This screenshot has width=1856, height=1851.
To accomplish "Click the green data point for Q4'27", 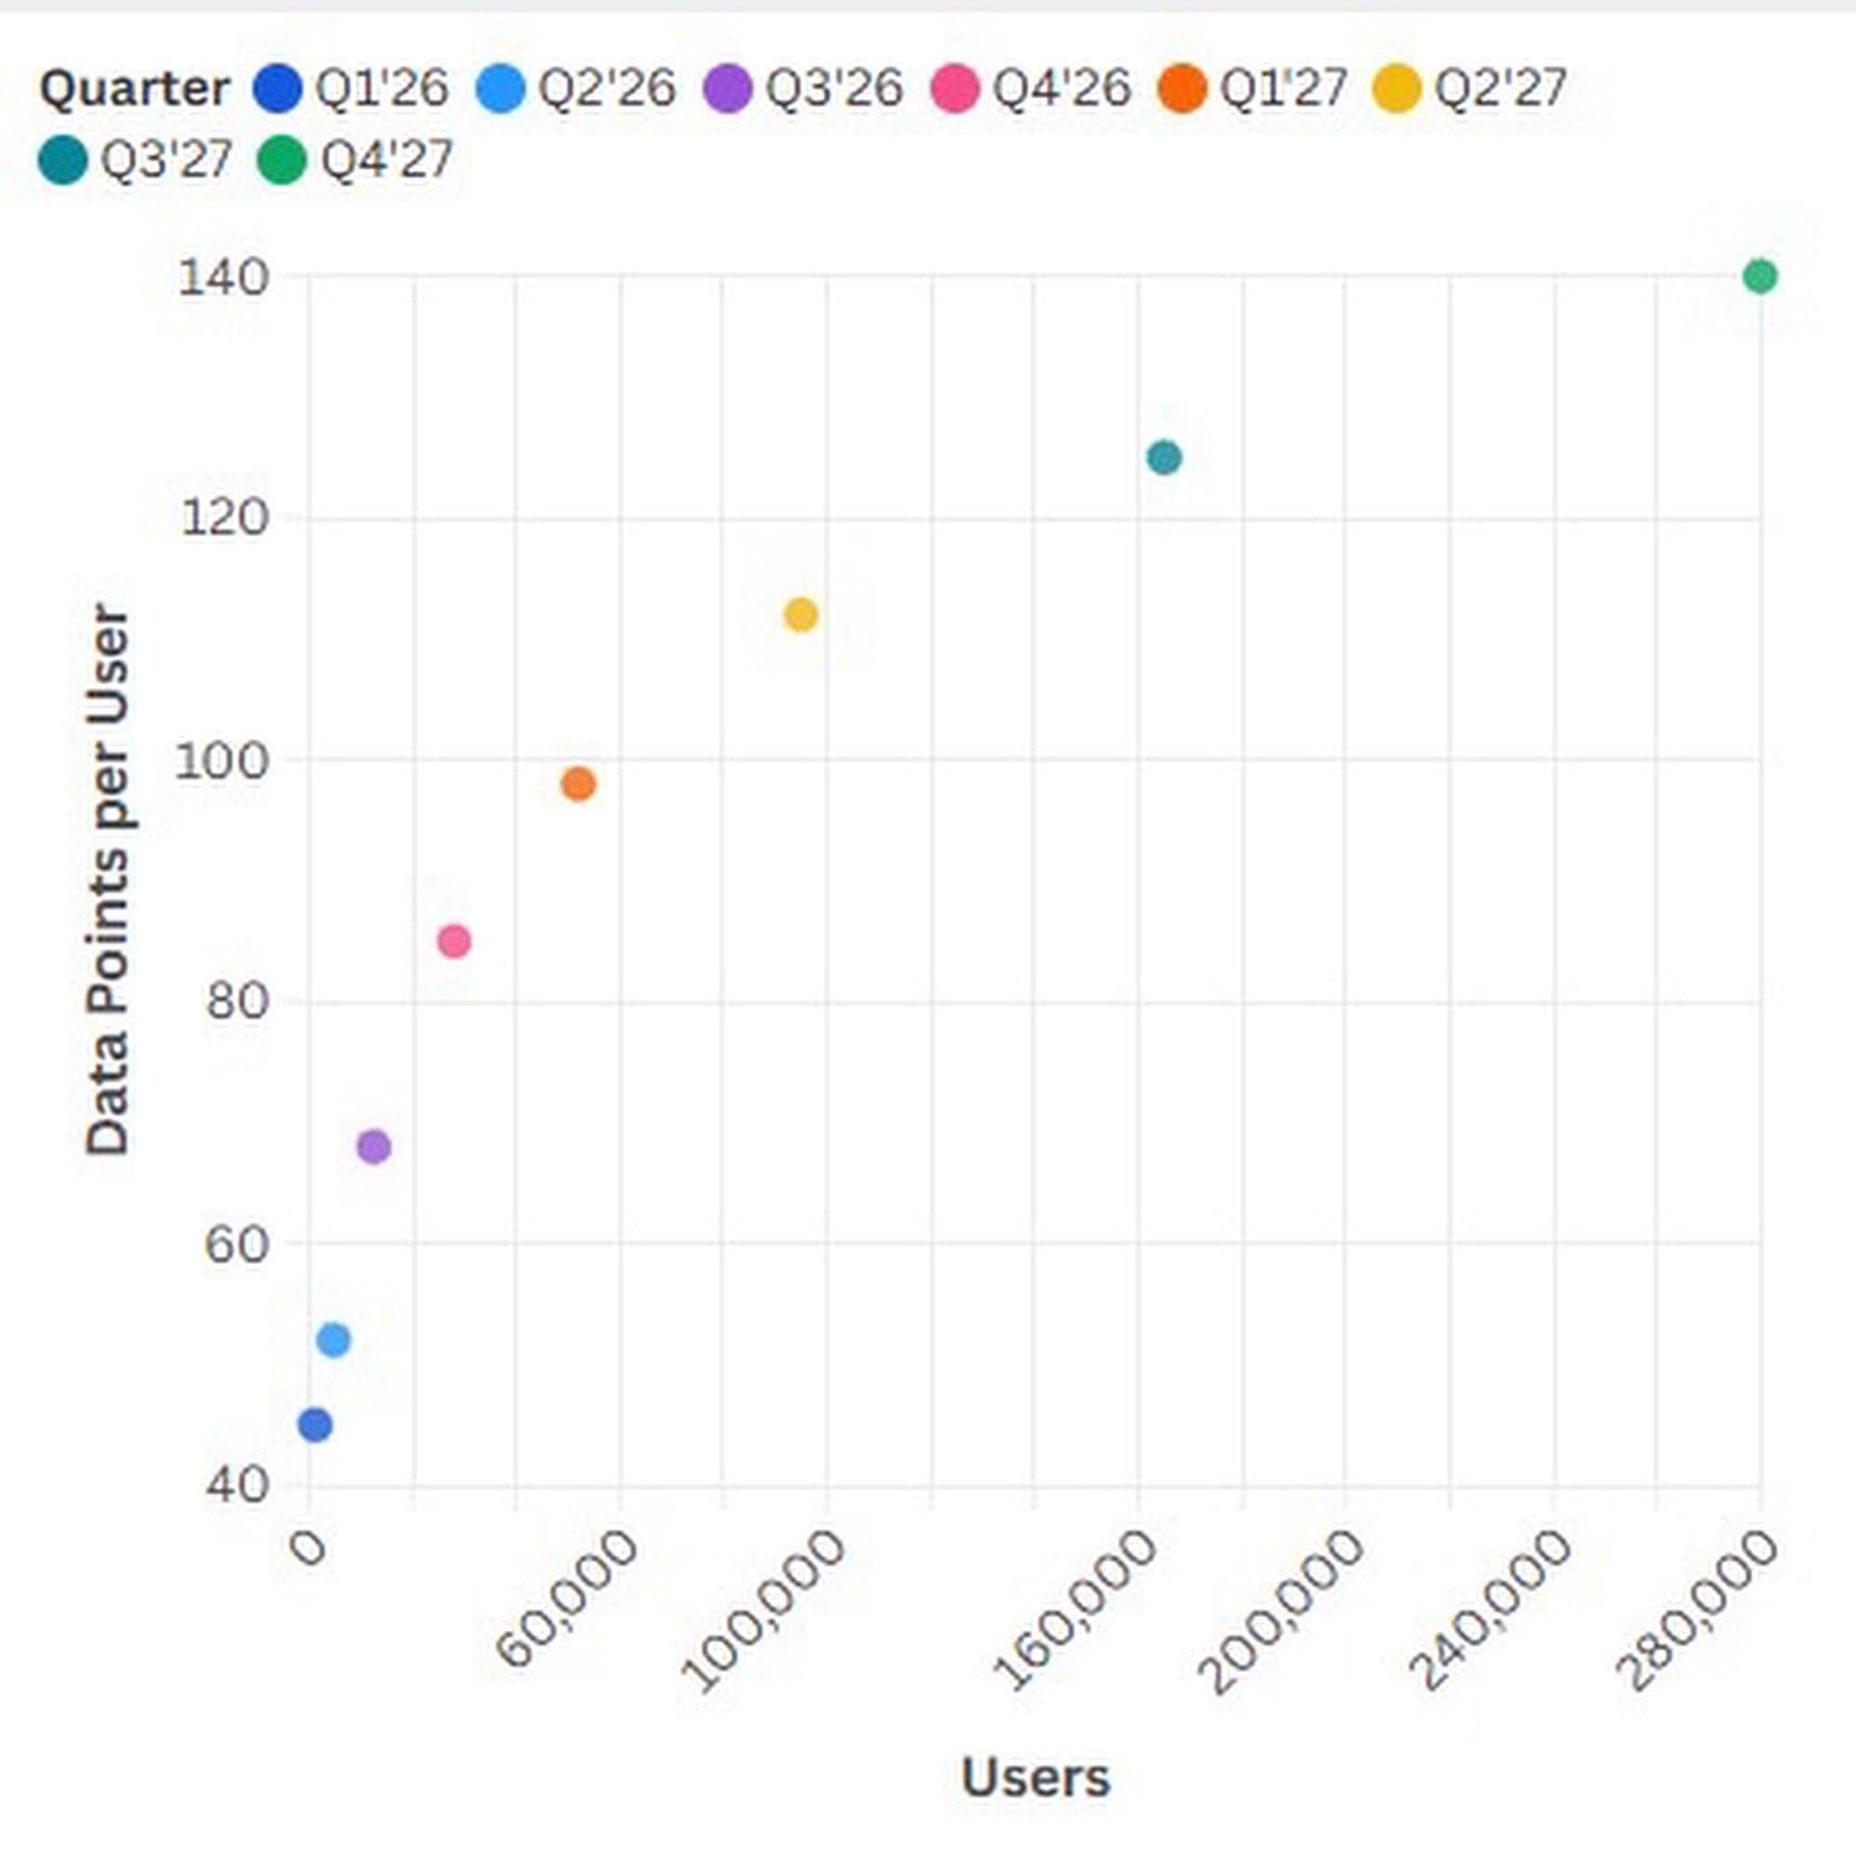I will coord(1759,276).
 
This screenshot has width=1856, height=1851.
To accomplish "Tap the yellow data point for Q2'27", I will coord(800,615).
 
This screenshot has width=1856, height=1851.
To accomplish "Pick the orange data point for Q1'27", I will coord(578,784).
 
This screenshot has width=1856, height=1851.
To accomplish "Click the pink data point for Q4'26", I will coord(455,942).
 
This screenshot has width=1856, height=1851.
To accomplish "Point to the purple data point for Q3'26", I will coord(374,1146).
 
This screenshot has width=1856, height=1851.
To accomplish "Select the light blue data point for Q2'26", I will coord(333,1339).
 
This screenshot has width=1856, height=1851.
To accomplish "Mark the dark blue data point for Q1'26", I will coord(316,1424).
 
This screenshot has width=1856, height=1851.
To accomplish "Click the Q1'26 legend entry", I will coord(352,89).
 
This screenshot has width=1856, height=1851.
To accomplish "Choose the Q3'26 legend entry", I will coord(803,89).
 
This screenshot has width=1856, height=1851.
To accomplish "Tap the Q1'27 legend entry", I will coord(1254,89).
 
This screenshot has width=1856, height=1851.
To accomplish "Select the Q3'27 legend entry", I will coord(135,160).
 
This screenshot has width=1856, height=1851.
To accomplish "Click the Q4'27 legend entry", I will coord(355,160).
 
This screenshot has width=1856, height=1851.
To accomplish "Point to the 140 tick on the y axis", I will coord(209,278).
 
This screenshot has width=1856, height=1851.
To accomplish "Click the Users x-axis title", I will coord(1035,1777).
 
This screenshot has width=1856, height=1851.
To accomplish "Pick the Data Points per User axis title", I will coord(107,879).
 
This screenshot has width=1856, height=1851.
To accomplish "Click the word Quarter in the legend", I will coord(135,89).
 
